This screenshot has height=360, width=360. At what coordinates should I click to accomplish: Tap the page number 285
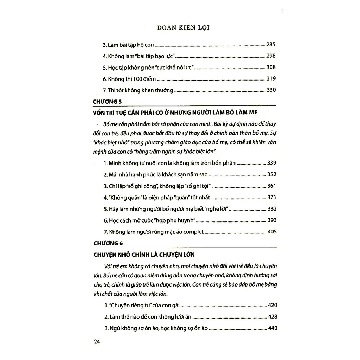(271, 45)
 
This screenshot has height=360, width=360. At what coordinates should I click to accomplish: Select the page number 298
(271, 56)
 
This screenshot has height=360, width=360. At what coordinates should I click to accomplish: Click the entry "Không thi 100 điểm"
(129, 79)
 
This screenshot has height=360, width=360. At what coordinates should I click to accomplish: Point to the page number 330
(271, 90)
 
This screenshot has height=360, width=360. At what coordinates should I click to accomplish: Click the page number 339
(272, 163)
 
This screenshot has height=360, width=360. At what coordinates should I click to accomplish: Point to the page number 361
(272, 186)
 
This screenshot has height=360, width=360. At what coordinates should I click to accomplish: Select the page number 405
(272, 232)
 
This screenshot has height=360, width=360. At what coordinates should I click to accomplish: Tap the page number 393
(272, 220)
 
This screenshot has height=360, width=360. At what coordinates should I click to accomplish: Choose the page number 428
(272, 317)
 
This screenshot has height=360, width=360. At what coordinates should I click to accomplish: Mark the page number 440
(272, 328)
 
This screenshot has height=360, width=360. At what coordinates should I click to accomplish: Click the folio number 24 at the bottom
(97, 342)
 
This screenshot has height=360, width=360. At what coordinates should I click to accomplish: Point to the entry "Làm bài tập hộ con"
(128, 45)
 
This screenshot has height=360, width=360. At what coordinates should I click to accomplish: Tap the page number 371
(272, 197)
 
